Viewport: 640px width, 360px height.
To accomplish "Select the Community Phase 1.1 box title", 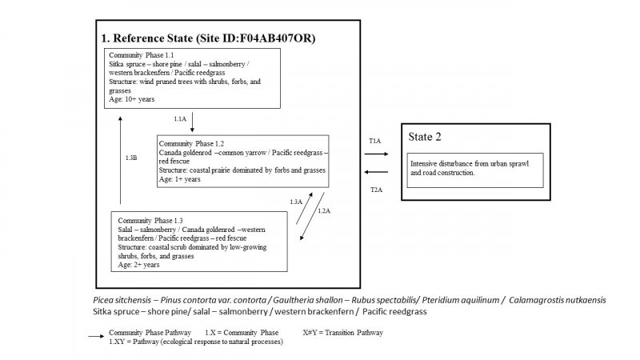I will [141, 54].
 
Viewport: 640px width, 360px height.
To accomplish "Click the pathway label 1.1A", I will [180, 118].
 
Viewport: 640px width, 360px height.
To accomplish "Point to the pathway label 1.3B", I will [131, 158].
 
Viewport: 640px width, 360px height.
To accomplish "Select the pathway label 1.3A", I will [295, 202].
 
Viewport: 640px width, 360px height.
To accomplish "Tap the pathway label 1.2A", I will [324, 210].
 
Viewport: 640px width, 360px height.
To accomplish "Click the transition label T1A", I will [374, 140].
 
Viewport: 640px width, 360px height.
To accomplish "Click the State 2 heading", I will [426, 137].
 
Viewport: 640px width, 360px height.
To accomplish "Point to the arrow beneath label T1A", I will [376, 156].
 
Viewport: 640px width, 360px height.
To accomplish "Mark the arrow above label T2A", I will [376, 172].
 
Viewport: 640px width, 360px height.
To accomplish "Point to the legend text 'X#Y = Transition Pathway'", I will [343, 332].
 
